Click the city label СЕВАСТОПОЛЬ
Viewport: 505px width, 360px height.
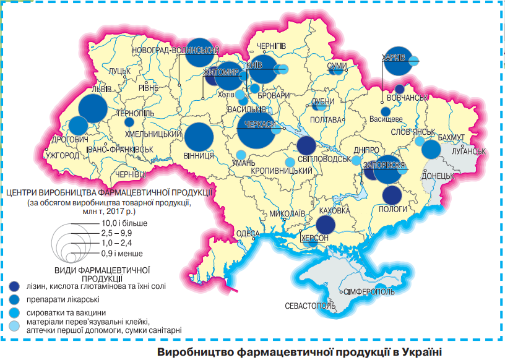pyautogui.click(x=310, y=306)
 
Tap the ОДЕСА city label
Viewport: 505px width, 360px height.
pyautogui.click(x=248, y=233)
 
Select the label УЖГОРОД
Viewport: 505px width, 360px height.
pyautogui.click(x=63, y=155)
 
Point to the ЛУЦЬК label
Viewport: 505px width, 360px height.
pyautogui.click(x=119, y=72)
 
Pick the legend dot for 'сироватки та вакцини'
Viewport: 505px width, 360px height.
pyautogui.click(x=14, y=313)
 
